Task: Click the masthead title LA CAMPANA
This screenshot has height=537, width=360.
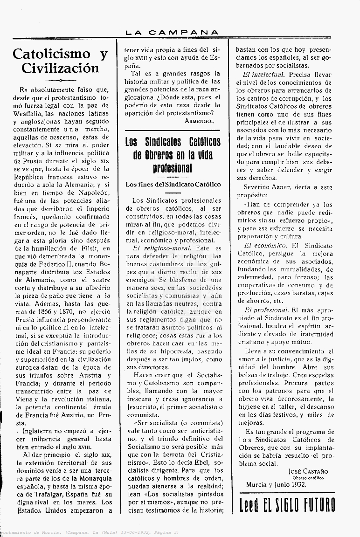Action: pyautogui.click(x=172, y=32)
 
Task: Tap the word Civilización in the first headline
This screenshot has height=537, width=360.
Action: pyautogui.click(x=60, y=68)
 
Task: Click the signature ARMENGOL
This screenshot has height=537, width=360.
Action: pyautogui.click(x=199, y=120)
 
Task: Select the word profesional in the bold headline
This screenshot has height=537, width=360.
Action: pyautogui.click(x=172, y=168)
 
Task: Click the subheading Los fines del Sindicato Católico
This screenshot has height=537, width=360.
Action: pyautogui.click(x=173, y=185)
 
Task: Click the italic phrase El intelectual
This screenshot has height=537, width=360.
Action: pyautogui.click(x=264, y=74)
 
